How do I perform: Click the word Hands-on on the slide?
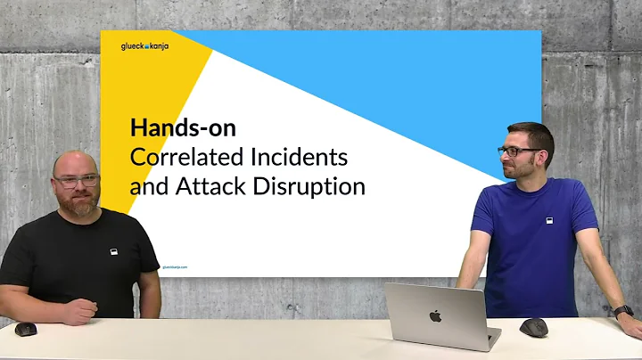pyautogui.click(x=183, y=127)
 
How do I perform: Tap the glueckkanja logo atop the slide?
pyautogui.click(x=144, y=47)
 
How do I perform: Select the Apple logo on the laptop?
pyautogui.click(x=435, y=316)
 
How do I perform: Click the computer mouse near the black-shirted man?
pyautogui.click(x=26, y=329)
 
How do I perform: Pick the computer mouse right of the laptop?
pyautogui.click(x=534, y=327)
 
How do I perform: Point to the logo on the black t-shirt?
pyautogui.click(x=113, y=251)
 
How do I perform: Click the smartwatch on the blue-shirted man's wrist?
pyautogui.click(x=623, y=311)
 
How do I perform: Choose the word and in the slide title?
pyautogui.click(x=146, y=187)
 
